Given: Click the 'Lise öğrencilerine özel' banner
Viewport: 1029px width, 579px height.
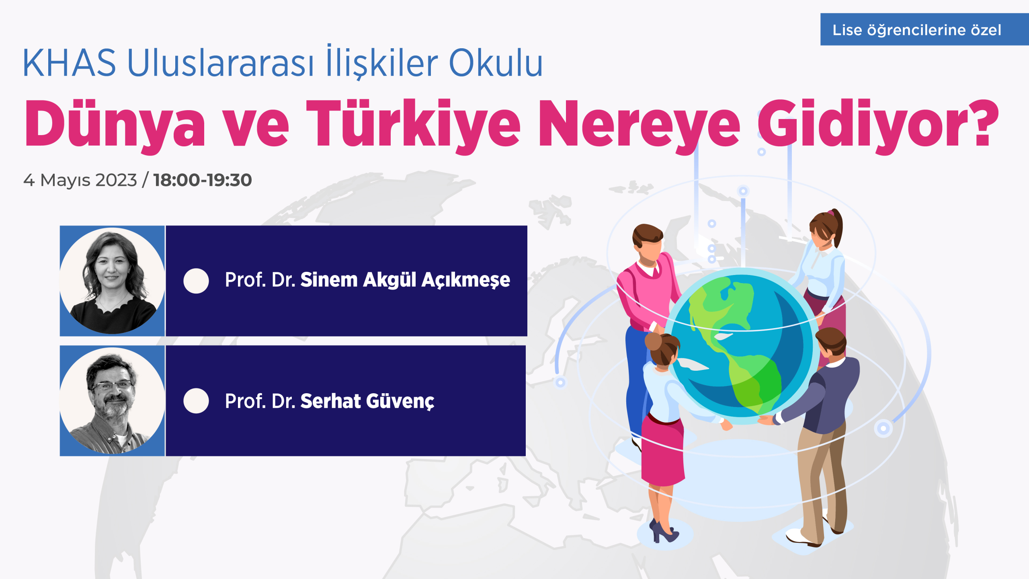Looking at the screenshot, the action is [x=924, y=29].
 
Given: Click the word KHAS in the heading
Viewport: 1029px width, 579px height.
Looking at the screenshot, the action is [x=70, y=63].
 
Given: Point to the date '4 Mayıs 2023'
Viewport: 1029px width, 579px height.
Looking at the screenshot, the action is [x=80, y=180].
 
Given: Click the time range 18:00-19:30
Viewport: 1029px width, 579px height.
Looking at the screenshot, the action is [x=203, y=180].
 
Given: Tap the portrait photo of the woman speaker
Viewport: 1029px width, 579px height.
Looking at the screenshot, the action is [x=112, y=281].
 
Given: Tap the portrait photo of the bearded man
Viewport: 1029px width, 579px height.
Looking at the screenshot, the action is [x=112, y=400].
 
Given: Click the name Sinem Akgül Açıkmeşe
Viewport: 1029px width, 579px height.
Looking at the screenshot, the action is [x=405, y=280].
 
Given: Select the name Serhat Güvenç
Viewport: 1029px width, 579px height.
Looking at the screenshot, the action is [x=367, y=401].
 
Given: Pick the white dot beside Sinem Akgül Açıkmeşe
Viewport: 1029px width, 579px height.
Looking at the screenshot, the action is [x=196, y=281].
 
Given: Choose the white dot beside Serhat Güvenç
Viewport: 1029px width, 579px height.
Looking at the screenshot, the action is [x=196, y=400].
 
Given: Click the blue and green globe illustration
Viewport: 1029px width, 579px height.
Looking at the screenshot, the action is [x=742, y=346].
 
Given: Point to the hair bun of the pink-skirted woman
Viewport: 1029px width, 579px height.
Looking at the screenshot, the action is [x=653, y=341].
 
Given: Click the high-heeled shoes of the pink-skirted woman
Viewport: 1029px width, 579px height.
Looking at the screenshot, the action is [x=663, y=531].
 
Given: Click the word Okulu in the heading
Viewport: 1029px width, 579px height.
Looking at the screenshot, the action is [x=496, y=63].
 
